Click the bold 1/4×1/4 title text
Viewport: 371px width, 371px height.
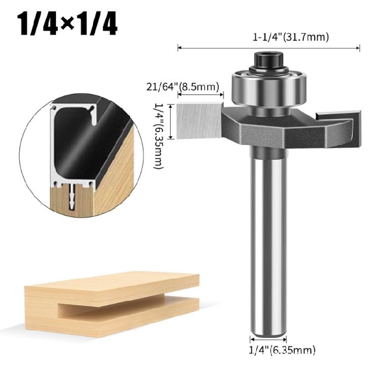68,24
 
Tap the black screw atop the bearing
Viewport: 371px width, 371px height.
267,60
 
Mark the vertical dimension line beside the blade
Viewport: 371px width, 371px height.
171,121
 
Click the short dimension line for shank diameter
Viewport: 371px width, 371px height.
268,340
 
